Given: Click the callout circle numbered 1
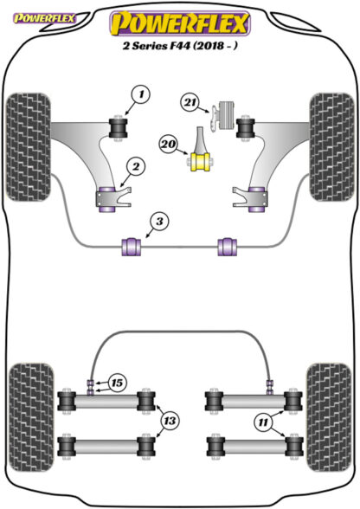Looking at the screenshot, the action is (x=141, y=95).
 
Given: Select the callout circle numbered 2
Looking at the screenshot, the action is (x=135, y=166).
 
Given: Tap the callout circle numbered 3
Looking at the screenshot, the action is (x=159, y=222).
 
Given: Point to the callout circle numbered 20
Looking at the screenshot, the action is (x=169, y=144).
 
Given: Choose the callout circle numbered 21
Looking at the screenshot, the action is (x=190, y=103).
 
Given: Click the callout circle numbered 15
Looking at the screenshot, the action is (x=117, y=383).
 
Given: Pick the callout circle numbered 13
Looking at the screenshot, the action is (x=170, y=421).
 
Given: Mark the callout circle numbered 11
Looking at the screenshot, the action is (x=263, y=422).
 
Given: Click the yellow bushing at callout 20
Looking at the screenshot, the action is (x=200, y=162).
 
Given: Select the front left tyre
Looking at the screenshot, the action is (x=29, y=147).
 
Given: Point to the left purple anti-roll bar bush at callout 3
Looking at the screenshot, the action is (x=132, y=247).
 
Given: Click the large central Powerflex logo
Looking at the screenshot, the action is (x=181, y=23).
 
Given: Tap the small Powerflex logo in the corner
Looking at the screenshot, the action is (x=44, y=18).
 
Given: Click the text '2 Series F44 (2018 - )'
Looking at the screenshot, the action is (x=180, y=45).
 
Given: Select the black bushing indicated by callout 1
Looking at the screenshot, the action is (x=118, y=128).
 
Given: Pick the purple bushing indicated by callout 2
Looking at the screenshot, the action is (x=106, y=199).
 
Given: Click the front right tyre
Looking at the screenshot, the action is (x=331, y=147).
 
